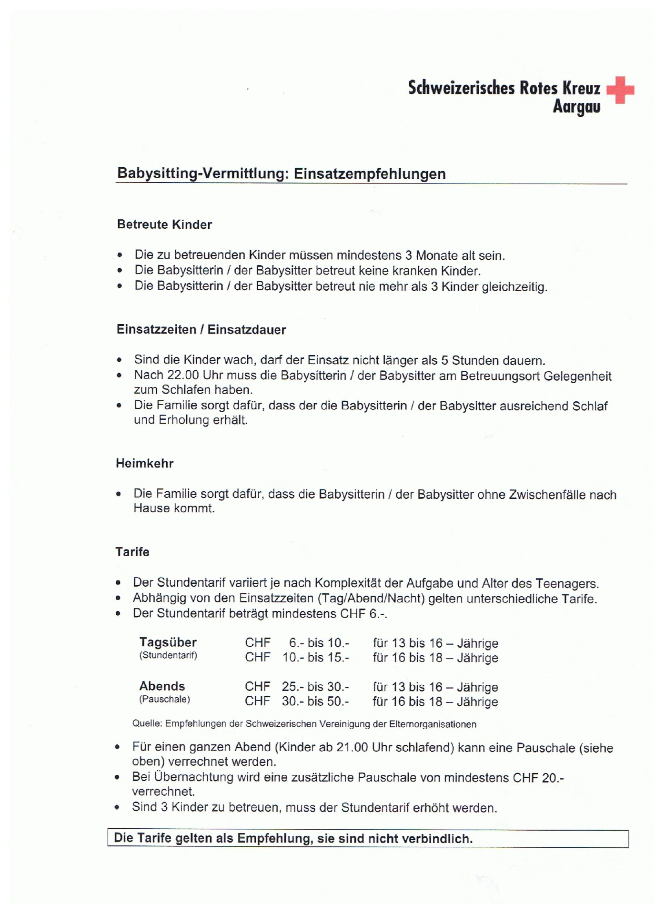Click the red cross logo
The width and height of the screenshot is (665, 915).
[x=620, y=90]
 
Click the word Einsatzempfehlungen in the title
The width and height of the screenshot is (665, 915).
[x=370, y=174]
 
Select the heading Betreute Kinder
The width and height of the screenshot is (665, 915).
[x=164, y=225]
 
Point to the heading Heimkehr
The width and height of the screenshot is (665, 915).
[x=144, y=464]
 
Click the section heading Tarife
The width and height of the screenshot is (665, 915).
[x=132, y=552]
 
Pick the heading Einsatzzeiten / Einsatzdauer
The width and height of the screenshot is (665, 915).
[x=201, y=330]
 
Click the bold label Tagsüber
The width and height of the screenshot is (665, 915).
[x=168, y=642]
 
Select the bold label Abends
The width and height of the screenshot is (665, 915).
[x=162, y=686]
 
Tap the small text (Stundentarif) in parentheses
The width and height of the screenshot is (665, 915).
[x=168, y=656]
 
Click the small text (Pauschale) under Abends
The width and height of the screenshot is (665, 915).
[x=164, y=700]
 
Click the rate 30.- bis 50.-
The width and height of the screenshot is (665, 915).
[x=315, y=702]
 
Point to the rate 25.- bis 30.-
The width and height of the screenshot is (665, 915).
[x=315, y=687]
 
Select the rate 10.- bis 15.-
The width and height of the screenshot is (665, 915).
[x=316, y=658]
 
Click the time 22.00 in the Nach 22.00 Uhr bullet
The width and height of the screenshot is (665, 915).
[x=183, y=376]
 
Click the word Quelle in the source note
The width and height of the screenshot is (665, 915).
[x=147, y=724]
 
